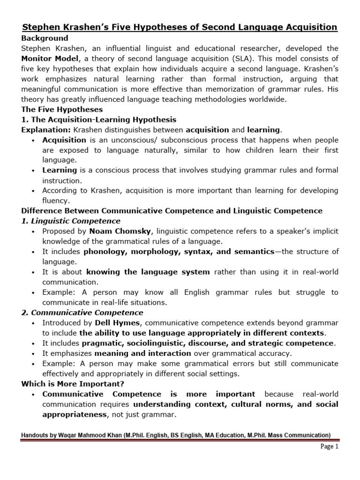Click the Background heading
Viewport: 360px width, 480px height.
pos(45,38)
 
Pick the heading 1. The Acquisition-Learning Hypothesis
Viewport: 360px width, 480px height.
pos(99,120)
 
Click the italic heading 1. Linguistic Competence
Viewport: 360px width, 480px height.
pos(71,221)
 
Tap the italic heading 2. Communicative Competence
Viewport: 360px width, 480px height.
pos(82,312)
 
